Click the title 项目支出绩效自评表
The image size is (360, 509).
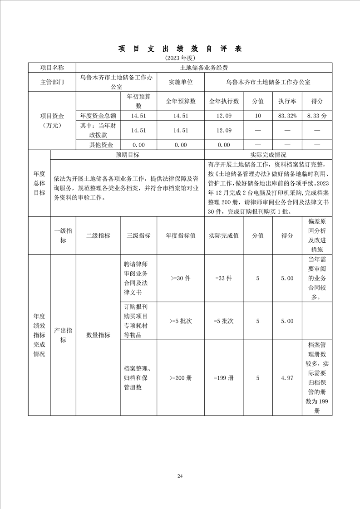pos(180,49)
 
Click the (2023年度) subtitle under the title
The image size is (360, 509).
pos(180,58)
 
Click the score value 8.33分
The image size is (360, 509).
pos(316,116)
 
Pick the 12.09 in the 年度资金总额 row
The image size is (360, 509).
pos(224,116)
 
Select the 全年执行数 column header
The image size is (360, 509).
pos(224,101)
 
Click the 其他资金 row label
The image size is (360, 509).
pos(98,145)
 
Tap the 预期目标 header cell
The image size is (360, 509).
pos(127,155)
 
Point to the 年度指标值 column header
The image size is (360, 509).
pos(181,235)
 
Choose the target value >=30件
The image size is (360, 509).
pos(181,278)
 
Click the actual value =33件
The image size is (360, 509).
pos(224,278)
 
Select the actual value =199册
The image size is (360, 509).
pos(224,377)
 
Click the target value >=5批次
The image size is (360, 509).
pos(181,321)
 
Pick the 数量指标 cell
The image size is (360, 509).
pos(98,335)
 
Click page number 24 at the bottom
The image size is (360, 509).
pos(180,476)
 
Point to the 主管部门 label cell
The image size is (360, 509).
pos(52,82)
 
